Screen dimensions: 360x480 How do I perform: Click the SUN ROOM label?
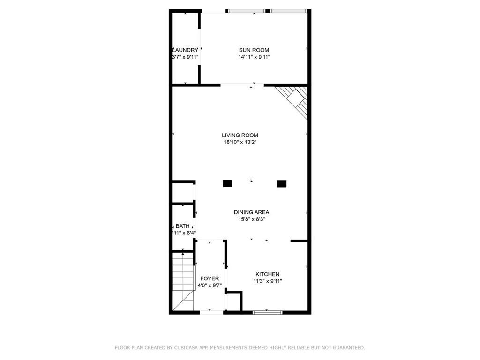pyautogui.click(x=254, y=50)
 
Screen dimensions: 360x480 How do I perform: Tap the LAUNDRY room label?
pyautogui.click(x=186, y=50)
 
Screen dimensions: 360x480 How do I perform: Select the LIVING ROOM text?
pyautogui.click(x=240, y=135)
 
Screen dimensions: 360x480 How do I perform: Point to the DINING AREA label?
pyautogui.click(x=252, y=212)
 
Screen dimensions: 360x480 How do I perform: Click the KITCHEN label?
pyautogui.click(x=267, y=274)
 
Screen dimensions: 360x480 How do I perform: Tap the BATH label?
pyautogui.click(x=183, y=226)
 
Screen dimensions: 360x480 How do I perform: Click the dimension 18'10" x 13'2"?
pyautogui.click(x=240, y=142)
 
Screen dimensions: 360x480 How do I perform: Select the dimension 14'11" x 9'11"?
pyautogui.click(x=254, y=57)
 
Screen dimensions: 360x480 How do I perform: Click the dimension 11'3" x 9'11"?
pyautogui.click(x=267, y=281)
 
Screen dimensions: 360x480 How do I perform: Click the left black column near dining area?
pyautogui.click(x=227, y=184)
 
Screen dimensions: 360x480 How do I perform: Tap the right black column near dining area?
pyautogui.click(x=282, y=184)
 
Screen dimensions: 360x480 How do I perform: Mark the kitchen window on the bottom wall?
pyautogui.click(x=267, y=311)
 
